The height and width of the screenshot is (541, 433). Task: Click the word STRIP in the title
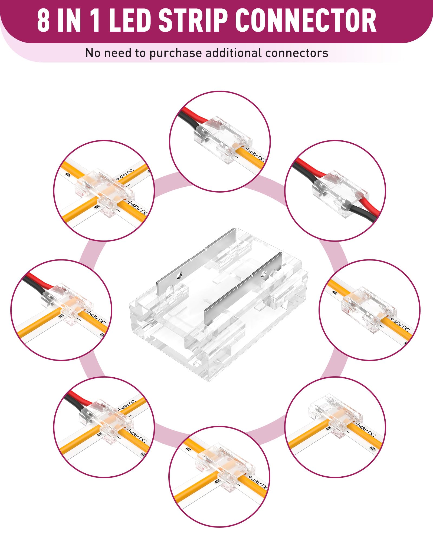193,20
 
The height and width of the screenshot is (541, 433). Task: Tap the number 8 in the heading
43,20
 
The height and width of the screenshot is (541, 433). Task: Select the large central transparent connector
219,303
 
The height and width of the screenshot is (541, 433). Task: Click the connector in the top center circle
222,139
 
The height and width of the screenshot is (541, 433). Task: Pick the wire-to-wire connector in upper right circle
340,193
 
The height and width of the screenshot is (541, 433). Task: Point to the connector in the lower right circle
336,418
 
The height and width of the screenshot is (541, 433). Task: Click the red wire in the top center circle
193,115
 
